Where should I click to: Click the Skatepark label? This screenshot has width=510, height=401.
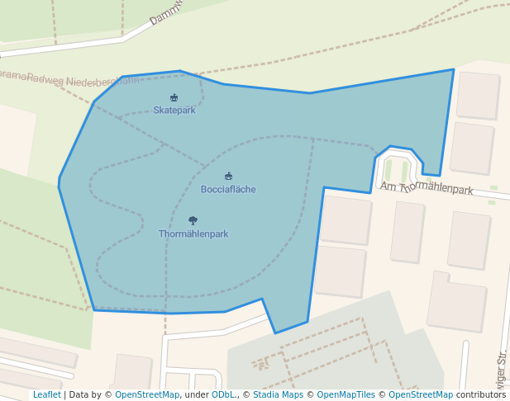click(174, 111)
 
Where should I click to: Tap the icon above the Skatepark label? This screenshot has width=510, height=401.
click(174, 98)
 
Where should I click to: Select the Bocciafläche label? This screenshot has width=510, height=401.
click(228, 190)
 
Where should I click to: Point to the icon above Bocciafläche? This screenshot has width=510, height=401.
click(228, 177)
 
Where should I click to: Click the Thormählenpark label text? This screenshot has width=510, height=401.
click(193, 234)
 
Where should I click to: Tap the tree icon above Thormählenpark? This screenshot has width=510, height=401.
click(193, 221)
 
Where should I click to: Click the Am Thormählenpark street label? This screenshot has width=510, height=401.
click(427, 188)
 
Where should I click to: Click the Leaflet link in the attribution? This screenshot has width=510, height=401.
click(46, 395)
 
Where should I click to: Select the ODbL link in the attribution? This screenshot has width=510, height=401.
click(222, 395)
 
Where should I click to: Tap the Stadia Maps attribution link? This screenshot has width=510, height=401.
click(279, 395)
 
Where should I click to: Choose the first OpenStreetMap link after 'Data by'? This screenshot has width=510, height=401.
click(147, 395)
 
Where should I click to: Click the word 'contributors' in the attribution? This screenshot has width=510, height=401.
click(481, 395)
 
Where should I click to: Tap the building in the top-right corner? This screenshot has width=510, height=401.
click(478, 95)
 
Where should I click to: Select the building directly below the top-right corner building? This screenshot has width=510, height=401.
click(472, 149)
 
